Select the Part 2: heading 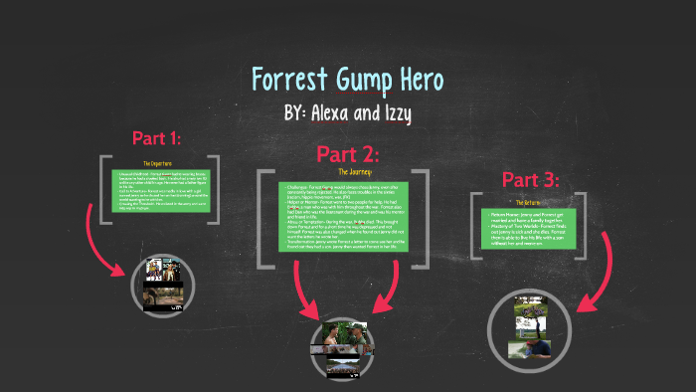pyautogui.click(x=349, y=154)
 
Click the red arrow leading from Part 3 pyautogui.click(x=597, y=279)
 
